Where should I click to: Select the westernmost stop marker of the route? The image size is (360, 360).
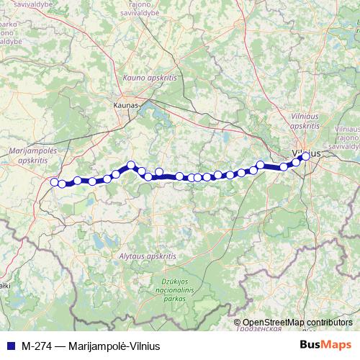[54, 182]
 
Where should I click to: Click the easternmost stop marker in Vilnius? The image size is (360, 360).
[305, 156]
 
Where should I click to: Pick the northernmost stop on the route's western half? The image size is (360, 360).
[131, 164]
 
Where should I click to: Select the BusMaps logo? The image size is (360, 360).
[326, 344]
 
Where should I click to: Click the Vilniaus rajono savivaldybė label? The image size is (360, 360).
[346, 136]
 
